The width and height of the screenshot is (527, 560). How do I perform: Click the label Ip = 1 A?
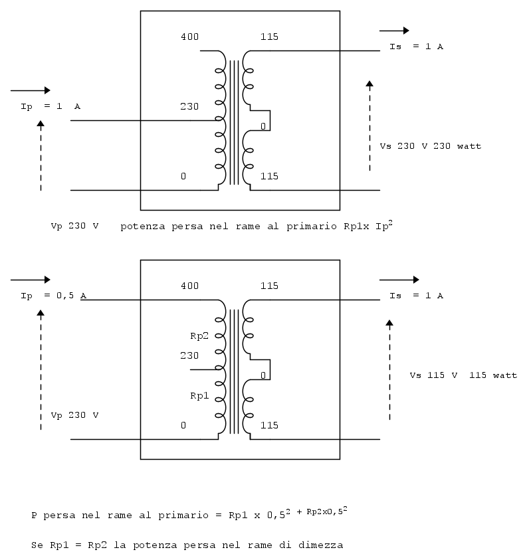(x=51, y=106)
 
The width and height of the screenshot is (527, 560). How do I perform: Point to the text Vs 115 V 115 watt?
(x=463, y=375)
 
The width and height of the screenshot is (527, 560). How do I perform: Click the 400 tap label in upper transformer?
(x=189, y=36)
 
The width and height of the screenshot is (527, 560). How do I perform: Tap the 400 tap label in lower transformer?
(x=189, y=286)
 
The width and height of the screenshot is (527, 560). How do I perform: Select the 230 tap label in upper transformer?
(x=189, y=106)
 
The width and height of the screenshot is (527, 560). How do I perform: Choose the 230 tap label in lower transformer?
(x=189, y=355)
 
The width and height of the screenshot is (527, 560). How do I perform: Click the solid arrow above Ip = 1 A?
(x=31, y=90)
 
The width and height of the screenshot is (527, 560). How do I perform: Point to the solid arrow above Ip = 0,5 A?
(x=31, y=280)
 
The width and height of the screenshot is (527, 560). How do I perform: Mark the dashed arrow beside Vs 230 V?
(x=369, y=126)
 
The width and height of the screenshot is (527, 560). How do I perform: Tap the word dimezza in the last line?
(x=322, y=545)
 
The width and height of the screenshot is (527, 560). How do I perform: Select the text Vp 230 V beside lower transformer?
(x=74, y=415)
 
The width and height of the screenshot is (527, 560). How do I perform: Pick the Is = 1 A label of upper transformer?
(x=416, y=47)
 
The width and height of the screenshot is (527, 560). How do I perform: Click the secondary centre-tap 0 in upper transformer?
(x=263, y=126)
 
